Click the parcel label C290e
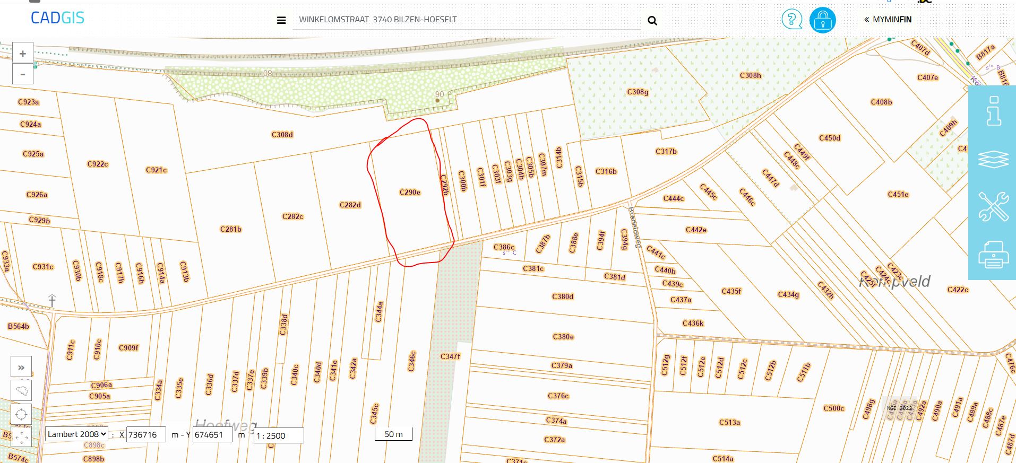[410, 193]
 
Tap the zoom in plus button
[23, 54]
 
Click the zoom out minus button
[23, 74]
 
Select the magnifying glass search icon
[652, 21]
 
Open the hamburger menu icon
[281, 21]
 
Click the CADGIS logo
[57, 18]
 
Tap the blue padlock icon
[822, 21]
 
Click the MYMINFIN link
[888, 20]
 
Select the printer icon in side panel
[993, 255]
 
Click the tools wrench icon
[993, 206]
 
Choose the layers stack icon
[993, 159]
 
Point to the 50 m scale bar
[393, 434]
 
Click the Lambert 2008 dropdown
[76, 434]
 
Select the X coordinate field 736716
[146, 435]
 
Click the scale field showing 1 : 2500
[279, 435]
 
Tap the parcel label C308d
[282, 135]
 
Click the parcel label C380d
[563, 296]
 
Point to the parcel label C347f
[450, 356]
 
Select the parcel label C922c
[98, 164]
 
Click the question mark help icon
[791, 20]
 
